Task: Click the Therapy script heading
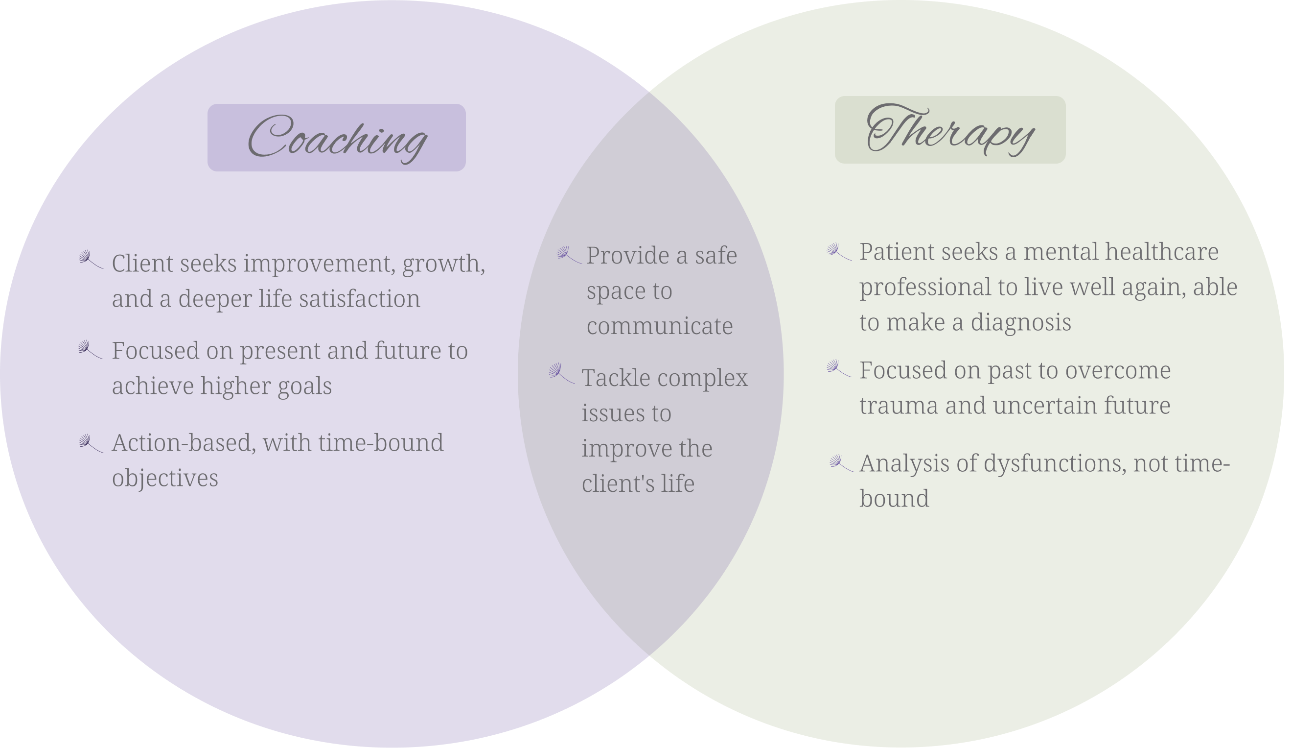point(950,131)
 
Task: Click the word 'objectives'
point(165,478)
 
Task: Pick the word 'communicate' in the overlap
point(659,326)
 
